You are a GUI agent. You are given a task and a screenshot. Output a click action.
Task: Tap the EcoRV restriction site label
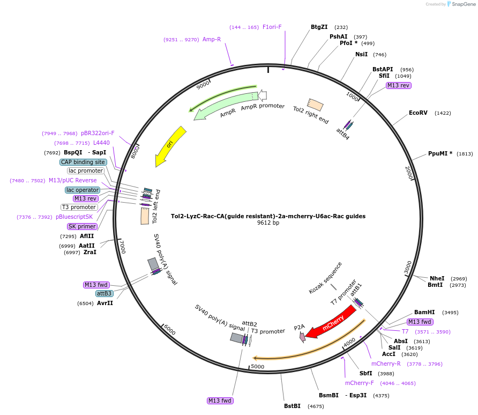coord(418,113)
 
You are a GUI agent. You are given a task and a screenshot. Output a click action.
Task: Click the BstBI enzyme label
coord(293,406)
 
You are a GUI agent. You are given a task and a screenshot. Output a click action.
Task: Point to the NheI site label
coord(437,278)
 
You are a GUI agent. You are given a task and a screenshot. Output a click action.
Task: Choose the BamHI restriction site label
coord(424,312)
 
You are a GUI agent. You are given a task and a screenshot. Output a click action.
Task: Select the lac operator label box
coord(83,190)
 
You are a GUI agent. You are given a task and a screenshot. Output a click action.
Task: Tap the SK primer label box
coord(82,226)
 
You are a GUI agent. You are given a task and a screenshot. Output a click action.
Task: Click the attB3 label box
coord(104,293)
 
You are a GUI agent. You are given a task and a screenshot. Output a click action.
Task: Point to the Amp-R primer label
coord(212,39)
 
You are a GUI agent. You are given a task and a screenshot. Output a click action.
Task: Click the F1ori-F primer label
coord(272,27)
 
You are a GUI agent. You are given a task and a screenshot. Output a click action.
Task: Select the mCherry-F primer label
coord(359,383)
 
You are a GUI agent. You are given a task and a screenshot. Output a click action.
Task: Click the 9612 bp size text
coord(268,223)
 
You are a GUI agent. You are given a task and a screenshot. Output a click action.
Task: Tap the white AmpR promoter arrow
coord(263,95)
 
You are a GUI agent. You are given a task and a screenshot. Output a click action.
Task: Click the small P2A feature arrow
coord(303,337)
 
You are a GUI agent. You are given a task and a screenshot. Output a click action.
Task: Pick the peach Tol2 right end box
coord(315,105)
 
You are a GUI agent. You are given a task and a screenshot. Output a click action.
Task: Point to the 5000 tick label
coord(258,367)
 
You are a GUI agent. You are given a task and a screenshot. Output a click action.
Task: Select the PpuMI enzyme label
coord(440,153)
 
